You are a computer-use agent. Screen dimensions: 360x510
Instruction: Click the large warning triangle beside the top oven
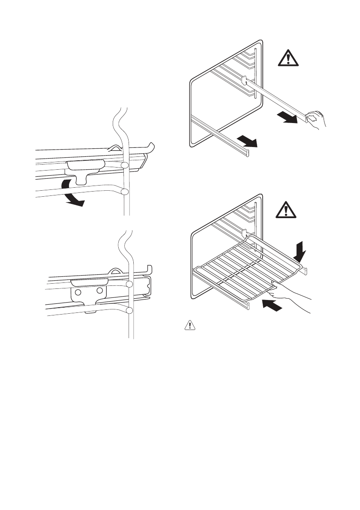tap(288, 57)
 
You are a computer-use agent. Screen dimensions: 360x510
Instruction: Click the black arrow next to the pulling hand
tap(286, 117)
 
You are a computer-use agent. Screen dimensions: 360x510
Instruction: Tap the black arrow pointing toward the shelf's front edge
tap(273, 305)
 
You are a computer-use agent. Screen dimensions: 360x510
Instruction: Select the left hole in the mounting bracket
tap(78, 292)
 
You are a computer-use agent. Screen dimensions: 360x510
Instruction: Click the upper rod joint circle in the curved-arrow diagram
tap(124, 165)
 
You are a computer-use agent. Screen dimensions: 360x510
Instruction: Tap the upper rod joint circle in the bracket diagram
tap(129, 284)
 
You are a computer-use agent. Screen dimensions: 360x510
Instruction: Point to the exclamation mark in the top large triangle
tap(288, 59)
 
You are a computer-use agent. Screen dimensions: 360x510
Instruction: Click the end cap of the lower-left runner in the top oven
tap(246, 152)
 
